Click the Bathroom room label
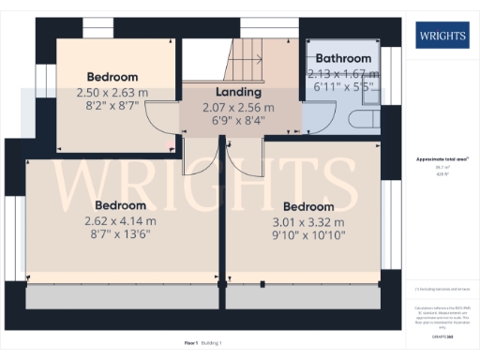coord(343,58)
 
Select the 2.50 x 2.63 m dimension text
coord(113,92)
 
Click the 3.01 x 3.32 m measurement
coord(308,222)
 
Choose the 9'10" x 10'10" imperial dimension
coord(308,236)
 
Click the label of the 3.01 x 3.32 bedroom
coord(308,206)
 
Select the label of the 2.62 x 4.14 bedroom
coord(120,205)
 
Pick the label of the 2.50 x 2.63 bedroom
coord(112,77)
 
